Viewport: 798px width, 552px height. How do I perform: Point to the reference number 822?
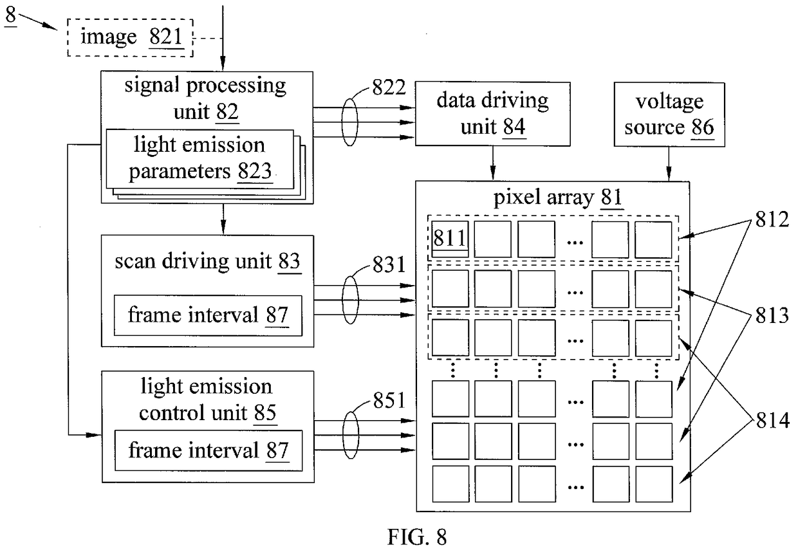point(389,87)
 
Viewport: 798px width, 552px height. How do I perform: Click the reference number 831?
point(389,264)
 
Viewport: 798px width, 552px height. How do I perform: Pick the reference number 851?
point(389,400)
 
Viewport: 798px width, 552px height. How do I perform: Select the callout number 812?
point(772,219)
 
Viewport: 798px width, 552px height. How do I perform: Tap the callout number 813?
point(772,315)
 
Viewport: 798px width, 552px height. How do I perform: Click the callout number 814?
point(773,421)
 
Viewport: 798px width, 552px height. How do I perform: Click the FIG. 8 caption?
point(417,537)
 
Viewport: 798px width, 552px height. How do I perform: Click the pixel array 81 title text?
point(558,198)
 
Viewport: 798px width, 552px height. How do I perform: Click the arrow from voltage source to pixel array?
point(669,164)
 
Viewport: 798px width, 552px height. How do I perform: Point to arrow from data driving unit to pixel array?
point(493,163)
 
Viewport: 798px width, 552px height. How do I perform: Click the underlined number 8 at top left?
point(11,15)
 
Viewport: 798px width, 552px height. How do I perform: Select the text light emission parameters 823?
point(199,158)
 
